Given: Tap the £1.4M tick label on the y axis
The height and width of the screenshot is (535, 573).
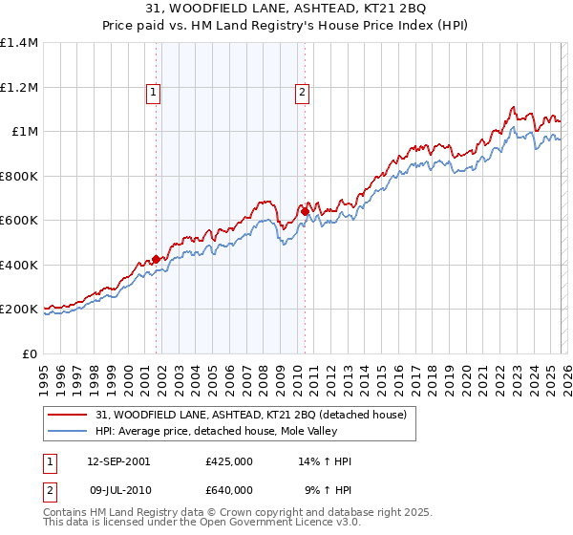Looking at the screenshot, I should pyautogui.click(x=19, y=43).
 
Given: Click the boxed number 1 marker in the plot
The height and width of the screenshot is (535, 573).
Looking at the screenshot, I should pyautogui.click(x=154, y=93).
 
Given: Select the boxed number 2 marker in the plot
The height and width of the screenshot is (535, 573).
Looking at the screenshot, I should pyautogui.click(x=302, y=93).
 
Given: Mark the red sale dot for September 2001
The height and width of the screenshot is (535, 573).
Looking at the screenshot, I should pyautogui.click(x=156, y=259).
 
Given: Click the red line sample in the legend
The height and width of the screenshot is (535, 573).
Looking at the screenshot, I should pyautogui.click(x=69, y=415).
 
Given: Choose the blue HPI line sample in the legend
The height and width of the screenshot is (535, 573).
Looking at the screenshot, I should pyautogui.click(x=69, y=431).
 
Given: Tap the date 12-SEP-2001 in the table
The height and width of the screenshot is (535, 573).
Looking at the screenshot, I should pyautogui.click(x=118, y=461).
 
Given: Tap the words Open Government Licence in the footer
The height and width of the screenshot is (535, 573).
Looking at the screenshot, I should pyautogui.click(x=263, y=524).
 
